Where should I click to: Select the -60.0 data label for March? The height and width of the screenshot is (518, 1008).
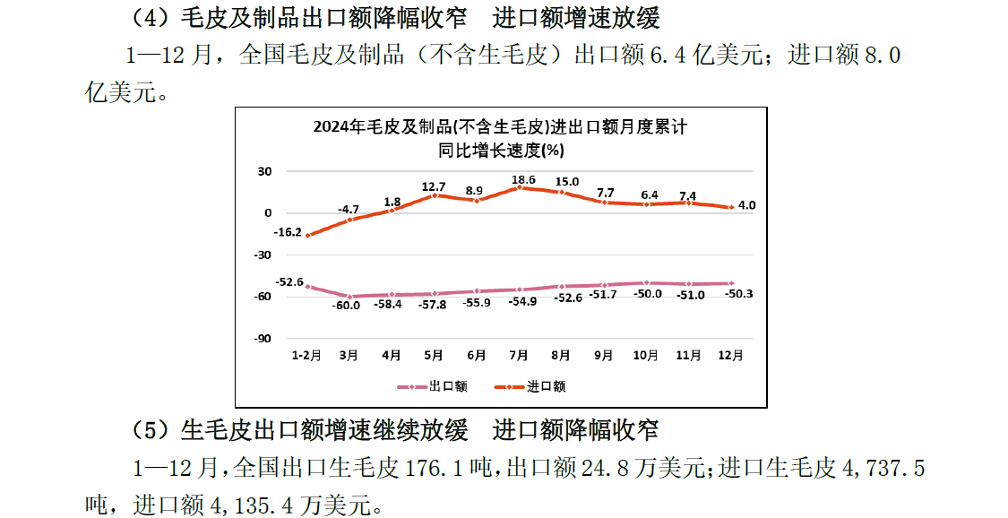click(x=347, y=306)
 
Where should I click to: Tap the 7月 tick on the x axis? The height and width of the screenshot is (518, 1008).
click(x=519, y=355)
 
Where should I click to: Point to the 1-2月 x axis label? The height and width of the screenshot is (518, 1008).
click(x=306, y=355)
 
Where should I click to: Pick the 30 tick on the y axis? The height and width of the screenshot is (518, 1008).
click(x=264, y=171)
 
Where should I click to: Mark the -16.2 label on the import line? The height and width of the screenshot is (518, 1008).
click(x=289, y=232)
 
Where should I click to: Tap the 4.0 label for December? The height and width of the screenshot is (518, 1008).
click(x=747, y=205)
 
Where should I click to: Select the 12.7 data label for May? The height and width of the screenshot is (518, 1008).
click(x=434, y=186)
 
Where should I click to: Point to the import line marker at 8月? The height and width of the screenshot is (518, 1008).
click(x=562, y=192)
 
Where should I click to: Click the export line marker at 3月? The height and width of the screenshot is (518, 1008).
click(x=349, y=296)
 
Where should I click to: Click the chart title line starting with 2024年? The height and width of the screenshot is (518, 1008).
click(x=500, y=127)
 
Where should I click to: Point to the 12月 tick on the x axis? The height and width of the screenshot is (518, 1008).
click(x=731, y=355)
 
